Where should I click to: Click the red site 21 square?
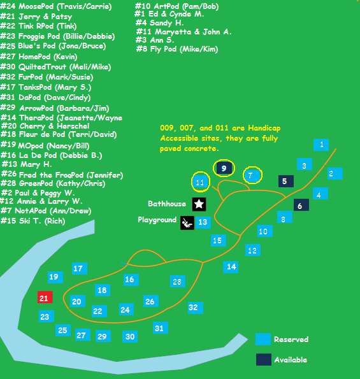tap(45, 297)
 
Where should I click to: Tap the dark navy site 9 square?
tap(224, 168)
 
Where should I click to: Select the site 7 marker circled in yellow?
tap(252, 175)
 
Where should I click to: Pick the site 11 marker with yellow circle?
tap(200, 182)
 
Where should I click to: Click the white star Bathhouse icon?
tap(199, 204)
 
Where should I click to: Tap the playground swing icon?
tap(187, 222)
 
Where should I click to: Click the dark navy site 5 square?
tap(286, 181)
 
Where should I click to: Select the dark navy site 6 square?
tap(301, 204)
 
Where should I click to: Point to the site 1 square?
tap(321, 145)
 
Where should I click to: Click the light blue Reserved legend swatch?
tap(263, 339)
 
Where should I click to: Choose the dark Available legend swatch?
tap(264, 359)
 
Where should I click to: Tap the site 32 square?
tap(196, 308)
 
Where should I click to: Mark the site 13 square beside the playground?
tap(203, 222)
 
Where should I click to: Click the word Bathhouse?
tap(167, 204)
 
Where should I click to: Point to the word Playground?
tap(157, 220)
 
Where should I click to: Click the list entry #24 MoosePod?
tap(56, 6)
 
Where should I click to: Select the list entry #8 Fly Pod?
tap(177, 49)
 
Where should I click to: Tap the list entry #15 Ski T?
tap(33, 220)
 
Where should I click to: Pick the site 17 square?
tap(80, 268)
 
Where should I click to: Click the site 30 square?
tap(130, 336)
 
